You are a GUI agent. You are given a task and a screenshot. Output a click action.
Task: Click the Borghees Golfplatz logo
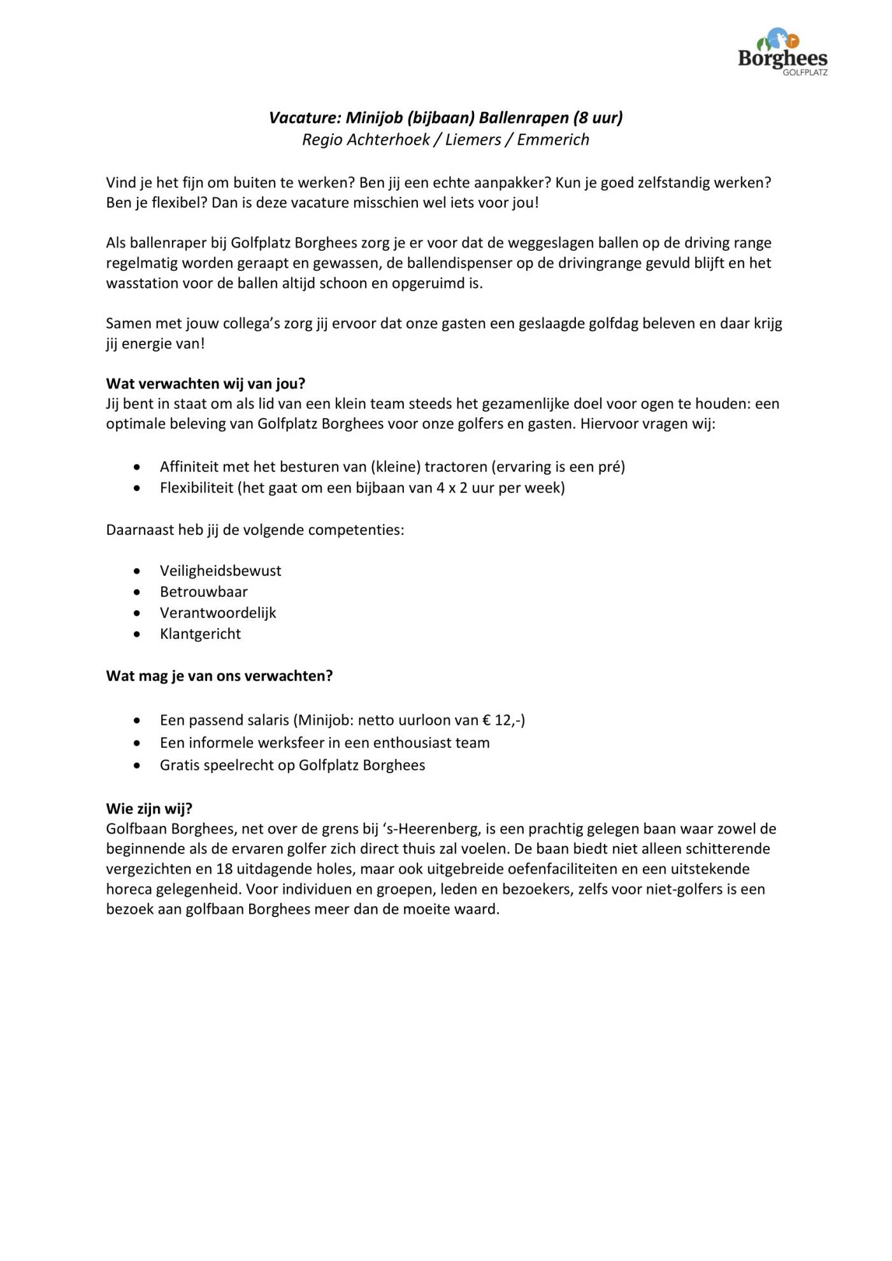(x=782, y=52)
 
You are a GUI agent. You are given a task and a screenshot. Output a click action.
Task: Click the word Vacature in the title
(x=303, y=118)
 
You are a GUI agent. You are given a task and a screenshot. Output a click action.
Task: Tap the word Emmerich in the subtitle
(x=553, y=139)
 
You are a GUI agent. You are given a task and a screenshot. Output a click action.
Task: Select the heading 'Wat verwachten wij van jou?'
(x=206, y=383)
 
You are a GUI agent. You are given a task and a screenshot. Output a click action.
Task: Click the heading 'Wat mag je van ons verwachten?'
(x=219, y=676)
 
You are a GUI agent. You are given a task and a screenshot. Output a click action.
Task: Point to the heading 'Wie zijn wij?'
(x=149, y=808)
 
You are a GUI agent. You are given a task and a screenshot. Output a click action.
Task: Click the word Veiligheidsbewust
(x=220, y=571)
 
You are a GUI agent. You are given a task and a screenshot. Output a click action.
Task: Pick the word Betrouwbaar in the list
(x=204, y=592)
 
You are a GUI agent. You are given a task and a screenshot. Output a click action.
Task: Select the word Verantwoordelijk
(x=218, y=613)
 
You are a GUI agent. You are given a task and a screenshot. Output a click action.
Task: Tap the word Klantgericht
(x=200, y=634)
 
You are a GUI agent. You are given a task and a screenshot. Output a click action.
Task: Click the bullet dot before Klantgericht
(x=137, y=634)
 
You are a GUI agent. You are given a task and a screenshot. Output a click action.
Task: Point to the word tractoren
(x=456, y=467)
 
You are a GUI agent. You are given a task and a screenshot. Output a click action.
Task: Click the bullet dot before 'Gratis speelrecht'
(x=137, y=766)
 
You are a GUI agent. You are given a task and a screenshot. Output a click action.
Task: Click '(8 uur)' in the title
(x=598, y=118)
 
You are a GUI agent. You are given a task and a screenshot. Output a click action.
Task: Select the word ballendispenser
(x=459, y=263)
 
